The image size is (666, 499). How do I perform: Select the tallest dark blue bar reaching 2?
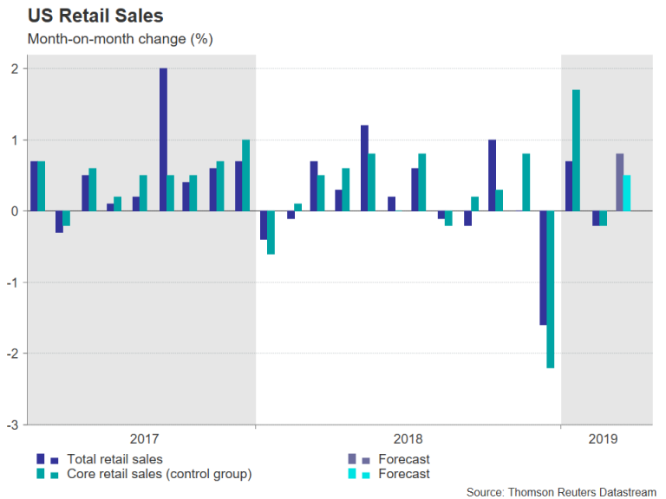(163, 139)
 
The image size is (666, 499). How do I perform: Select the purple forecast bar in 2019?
(619, 182)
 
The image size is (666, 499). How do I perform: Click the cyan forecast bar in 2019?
(627, 192)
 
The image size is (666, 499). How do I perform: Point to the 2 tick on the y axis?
(15, 68)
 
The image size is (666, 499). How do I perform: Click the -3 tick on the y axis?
(13, 424)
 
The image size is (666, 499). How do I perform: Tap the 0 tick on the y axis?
(15, 211)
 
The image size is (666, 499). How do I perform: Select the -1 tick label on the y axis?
(13, 282)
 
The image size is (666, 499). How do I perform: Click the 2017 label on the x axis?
(143, 439)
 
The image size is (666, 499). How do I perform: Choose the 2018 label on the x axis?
(408, 439)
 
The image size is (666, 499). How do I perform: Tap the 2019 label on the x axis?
(603, 439)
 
